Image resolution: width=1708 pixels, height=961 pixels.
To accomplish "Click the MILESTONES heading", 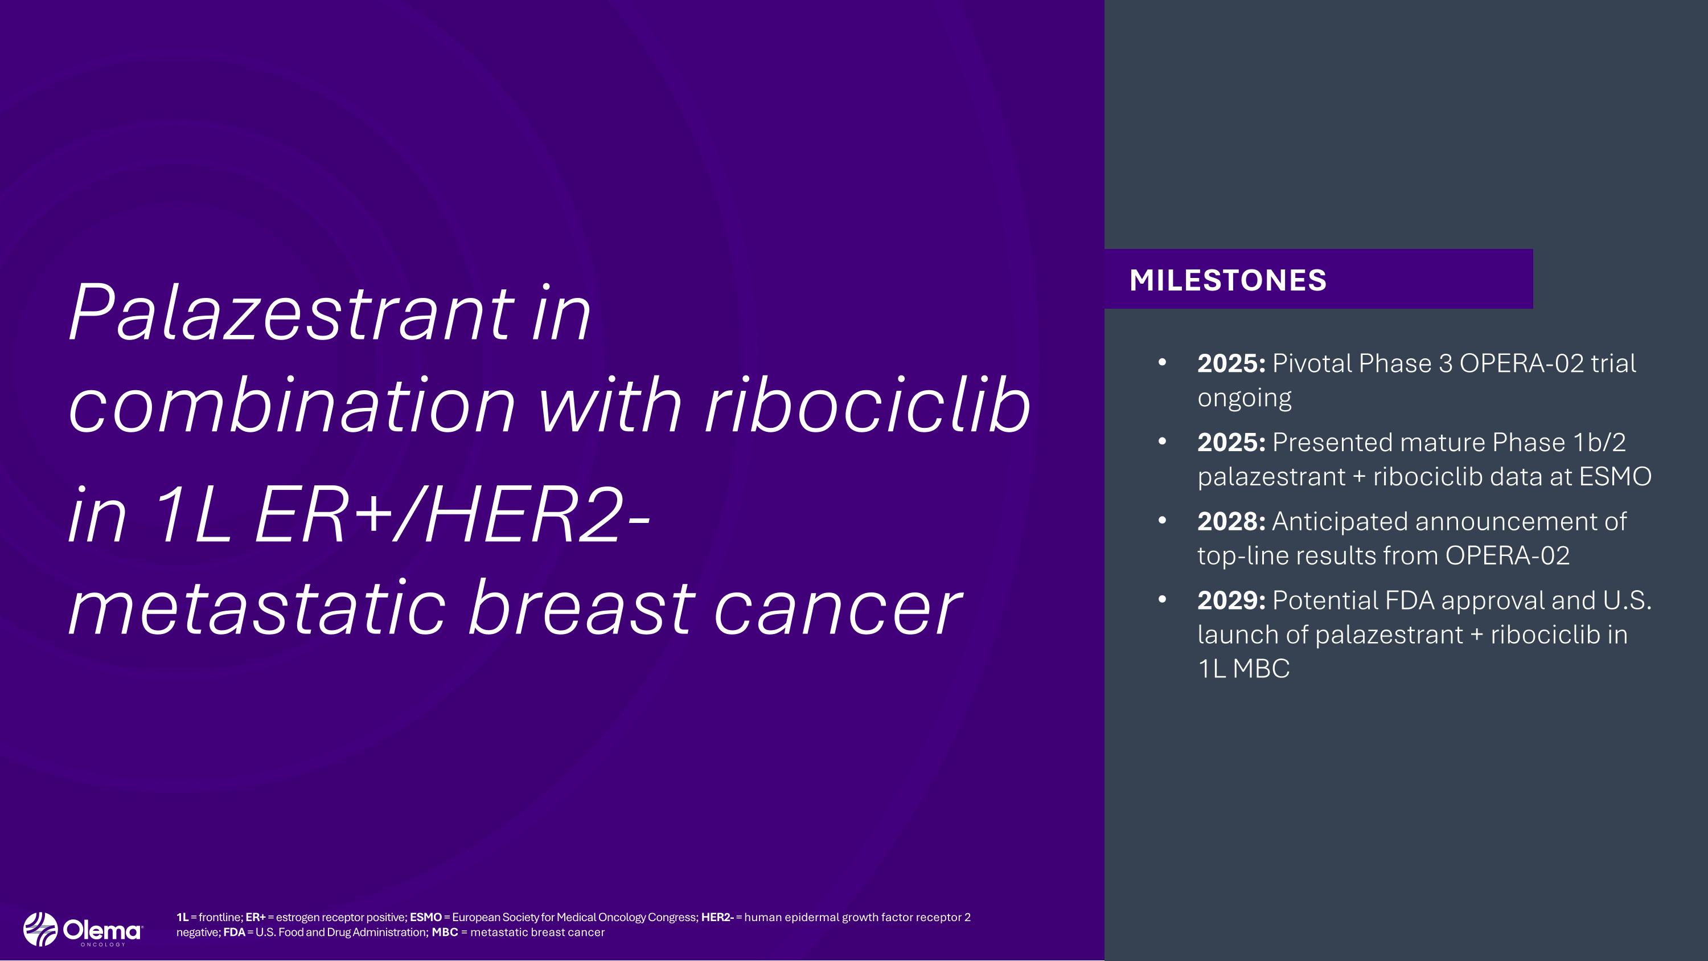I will click(1227, 280).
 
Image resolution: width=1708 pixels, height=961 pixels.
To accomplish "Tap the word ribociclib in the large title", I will click(867, 404).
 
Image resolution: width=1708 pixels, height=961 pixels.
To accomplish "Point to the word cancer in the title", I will click(837, 607).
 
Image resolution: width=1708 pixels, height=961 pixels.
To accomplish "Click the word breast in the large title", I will click(581, 607).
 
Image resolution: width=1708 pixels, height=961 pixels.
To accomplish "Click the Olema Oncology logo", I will click(82, 930).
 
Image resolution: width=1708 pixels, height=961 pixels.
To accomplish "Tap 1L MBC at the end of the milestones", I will click(1243, 669).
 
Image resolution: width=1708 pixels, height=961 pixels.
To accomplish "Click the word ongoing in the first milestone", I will click(1244, 398).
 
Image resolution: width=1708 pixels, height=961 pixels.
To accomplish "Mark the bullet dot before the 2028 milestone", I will click(1161, 521).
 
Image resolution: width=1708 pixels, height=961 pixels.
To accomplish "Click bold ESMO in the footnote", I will click(426, 917).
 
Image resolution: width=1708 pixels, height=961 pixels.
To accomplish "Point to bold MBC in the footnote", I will click(445, 933).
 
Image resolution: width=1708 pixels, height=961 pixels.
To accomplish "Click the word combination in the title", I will click(291, 404).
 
